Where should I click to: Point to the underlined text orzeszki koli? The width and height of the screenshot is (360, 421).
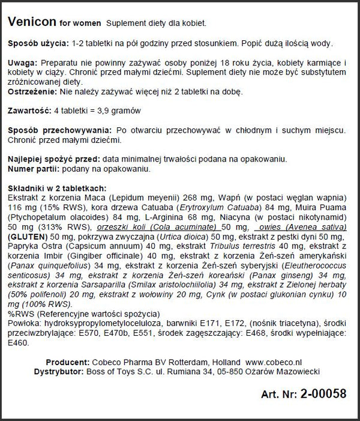click(x=135, y=228)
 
